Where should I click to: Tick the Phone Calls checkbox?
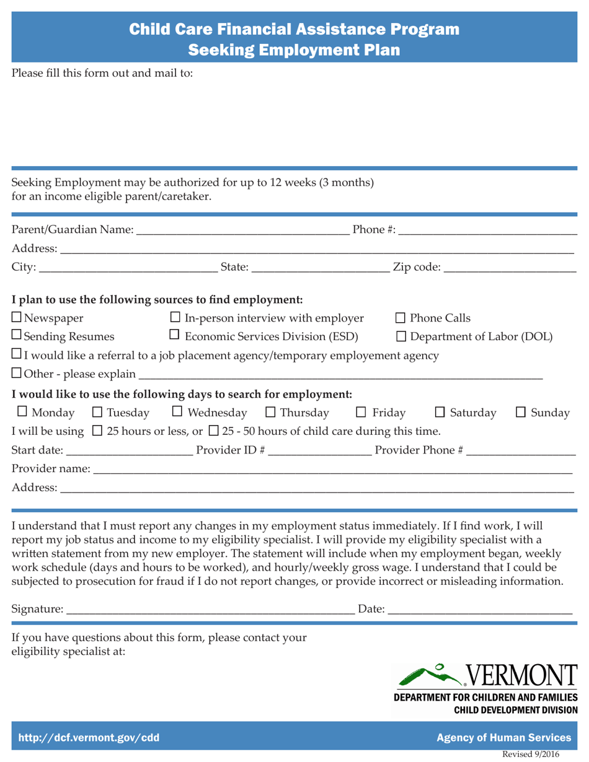point(401,319)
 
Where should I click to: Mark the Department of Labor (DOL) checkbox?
point(401,336)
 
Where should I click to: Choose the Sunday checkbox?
point(521,413)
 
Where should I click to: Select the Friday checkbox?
point(360,413)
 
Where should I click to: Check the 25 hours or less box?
point(97,431)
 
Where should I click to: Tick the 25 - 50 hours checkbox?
point(214,431)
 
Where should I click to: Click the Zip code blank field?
point(510,268)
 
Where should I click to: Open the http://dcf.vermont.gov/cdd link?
point(89,737)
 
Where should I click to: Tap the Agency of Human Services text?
point(504,737)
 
